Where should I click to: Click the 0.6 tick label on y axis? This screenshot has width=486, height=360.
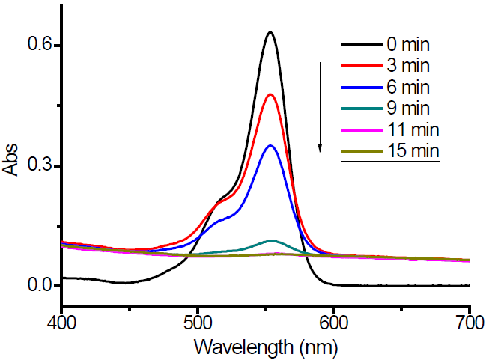36,46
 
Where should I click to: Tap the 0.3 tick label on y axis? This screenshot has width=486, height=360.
36,165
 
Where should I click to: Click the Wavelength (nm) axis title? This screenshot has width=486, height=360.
265,347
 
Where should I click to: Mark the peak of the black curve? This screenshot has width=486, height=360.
270,32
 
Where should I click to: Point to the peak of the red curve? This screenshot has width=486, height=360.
270,94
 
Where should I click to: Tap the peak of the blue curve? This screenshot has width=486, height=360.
270,145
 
